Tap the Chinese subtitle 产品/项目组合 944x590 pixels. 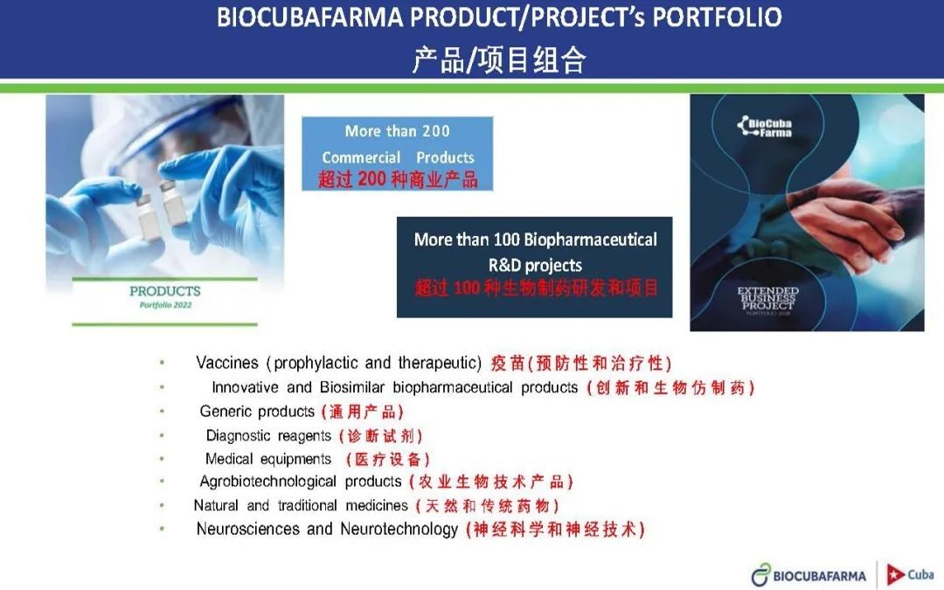(499, 59)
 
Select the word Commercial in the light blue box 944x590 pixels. (361, 157)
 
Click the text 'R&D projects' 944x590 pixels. (535, 265)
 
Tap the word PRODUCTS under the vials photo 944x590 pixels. (165, 291)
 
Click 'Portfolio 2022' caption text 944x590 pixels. (165, 305)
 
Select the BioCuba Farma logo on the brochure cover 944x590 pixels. (765, 127)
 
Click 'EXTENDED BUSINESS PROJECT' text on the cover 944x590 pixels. (767, 298)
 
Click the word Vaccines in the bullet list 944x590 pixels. (227, 363)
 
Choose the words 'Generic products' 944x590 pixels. (257, 411)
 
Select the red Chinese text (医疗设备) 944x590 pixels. (388, 460)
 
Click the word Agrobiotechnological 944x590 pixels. (268, 482)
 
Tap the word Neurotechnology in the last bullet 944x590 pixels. (399, 529)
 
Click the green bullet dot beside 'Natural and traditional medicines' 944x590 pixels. (162, 505)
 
